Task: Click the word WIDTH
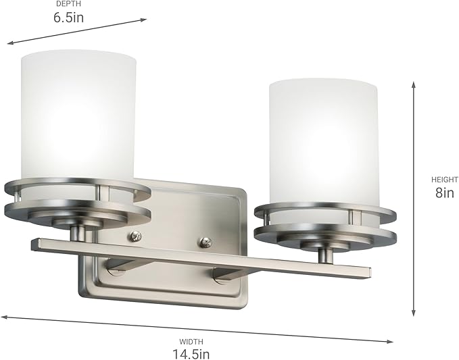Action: click(x=191, y=342)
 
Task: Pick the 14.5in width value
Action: click(x=191, y=353)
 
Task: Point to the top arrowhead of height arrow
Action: click(x=414, y=84)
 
